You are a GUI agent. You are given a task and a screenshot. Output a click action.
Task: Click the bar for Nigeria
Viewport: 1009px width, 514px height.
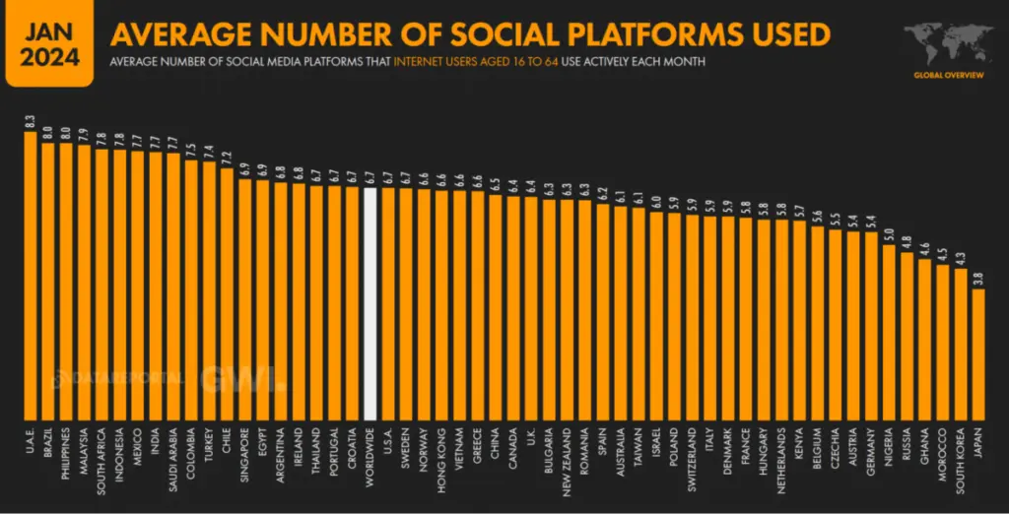point(888,330)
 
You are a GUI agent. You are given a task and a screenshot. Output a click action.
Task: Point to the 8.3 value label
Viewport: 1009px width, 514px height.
point(31,124)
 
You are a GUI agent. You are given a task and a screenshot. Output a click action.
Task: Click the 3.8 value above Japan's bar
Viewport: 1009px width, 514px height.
point(977,280)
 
